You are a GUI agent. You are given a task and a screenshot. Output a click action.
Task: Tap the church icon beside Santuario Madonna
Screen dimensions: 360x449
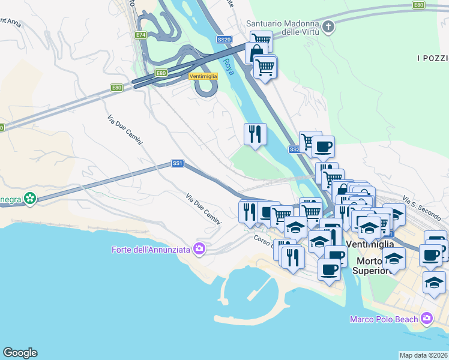tap(328, 26)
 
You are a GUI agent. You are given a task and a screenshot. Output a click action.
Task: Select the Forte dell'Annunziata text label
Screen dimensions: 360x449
tap(151, 250)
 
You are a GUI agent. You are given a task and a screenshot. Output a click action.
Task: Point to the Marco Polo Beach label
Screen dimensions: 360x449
tap(384, 319)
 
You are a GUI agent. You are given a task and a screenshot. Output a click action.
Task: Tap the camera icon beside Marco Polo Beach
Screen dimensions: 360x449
tap(427, 317)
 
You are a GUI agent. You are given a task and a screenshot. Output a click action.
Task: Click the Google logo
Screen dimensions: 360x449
tap(20, 353)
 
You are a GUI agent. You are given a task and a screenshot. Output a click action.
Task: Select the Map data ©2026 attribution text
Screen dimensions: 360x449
tap(423, 355)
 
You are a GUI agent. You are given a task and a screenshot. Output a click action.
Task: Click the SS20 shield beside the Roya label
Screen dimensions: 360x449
tap(224, 40)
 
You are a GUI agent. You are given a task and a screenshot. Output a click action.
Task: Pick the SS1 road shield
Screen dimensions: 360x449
tap(177, 163)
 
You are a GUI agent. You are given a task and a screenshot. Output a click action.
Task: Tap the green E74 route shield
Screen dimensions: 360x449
tap(141, 35)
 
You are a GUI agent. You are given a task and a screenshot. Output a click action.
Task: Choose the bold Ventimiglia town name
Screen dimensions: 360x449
tap(370, 244)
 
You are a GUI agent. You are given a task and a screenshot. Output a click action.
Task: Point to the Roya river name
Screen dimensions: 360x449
tap(228, 67)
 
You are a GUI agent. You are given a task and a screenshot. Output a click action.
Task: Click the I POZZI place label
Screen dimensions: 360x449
tap(432, 58)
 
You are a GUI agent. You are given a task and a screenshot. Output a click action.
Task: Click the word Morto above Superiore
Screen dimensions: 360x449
tap(370, 261)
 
